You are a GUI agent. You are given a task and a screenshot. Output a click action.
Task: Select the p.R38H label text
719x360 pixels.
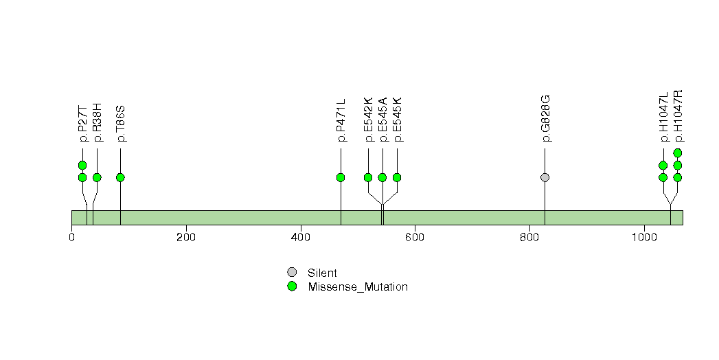click(98, 123)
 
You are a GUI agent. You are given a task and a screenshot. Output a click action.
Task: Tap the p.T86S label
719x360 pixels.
click(121, 124)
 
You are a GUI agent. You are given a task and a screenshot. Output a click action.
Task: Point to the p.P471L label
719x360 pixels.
click(341, 120)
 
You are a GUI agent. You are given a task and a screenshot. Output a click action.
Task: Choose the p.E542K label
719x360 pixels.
click(368, 120)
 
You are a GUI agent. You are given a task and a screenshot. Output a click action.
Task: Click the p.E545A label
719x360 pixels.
click(383, 120)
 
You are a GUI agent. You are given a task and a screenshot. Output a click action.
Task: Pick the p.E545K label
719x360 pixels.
click(398, 120)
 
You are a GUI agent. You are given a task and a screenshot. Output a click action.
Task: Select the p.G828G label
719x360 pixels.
click(545, 118)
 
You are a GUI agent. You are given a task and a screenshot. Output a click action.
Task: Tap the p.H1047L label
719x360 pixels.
click(663, 118)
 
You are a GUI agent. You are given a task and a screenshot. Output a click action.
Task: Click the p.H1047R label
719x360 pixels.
click(678, 116)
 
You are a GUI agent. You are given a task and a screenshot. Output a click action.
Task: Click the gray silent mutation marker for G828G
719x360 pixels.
click(545, 177)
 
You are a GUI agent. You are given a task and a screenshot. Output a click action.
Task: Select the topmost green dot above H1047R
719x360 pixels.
click(678, 153)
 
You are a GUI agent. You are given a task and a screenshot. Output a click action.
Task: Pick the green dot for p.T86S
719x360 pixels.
click(120, 177)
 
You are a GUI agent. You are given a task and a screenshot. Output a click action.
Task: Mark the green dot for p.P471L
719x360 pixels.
click(341, 177)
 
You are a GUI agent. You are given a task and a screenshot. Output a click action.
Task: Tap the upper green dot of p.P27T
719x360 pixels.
click(82, 165)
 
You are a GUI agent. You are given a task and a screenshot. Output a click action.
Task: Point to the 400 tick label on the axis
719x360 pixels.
click(301, 237)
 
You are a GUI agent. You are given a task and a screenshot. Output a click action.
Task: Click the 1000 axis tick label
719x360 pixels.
click(644, 237)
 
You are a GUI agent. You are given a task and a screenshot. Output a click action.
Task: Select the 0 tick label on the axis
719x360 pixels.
click(71, 237)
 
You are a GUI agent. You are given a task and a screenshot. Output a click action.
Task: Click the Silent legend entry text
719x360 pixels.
click(322, 273)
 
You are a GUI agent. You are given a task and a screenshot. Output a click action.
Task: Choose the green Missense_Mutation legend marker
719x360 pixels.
click(292, 286)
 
